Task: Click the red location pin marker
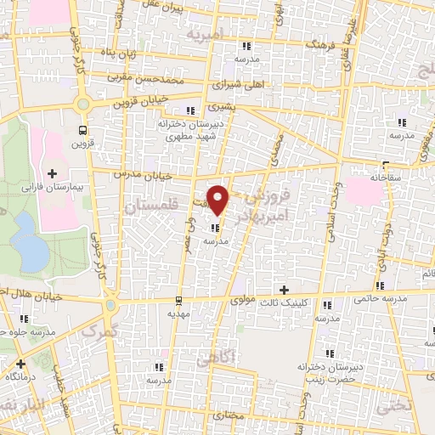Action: [218, 199]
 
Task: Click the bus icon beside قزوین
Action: [82, 130]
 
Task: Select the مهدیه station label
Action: [177, 314]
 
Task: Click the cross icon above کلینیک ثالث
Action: [296, 290]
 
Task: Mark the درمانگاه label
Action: [19, 375]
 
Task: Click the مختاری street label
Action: [229, 417]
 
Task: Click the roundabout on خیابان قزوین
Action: [83, 105]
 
